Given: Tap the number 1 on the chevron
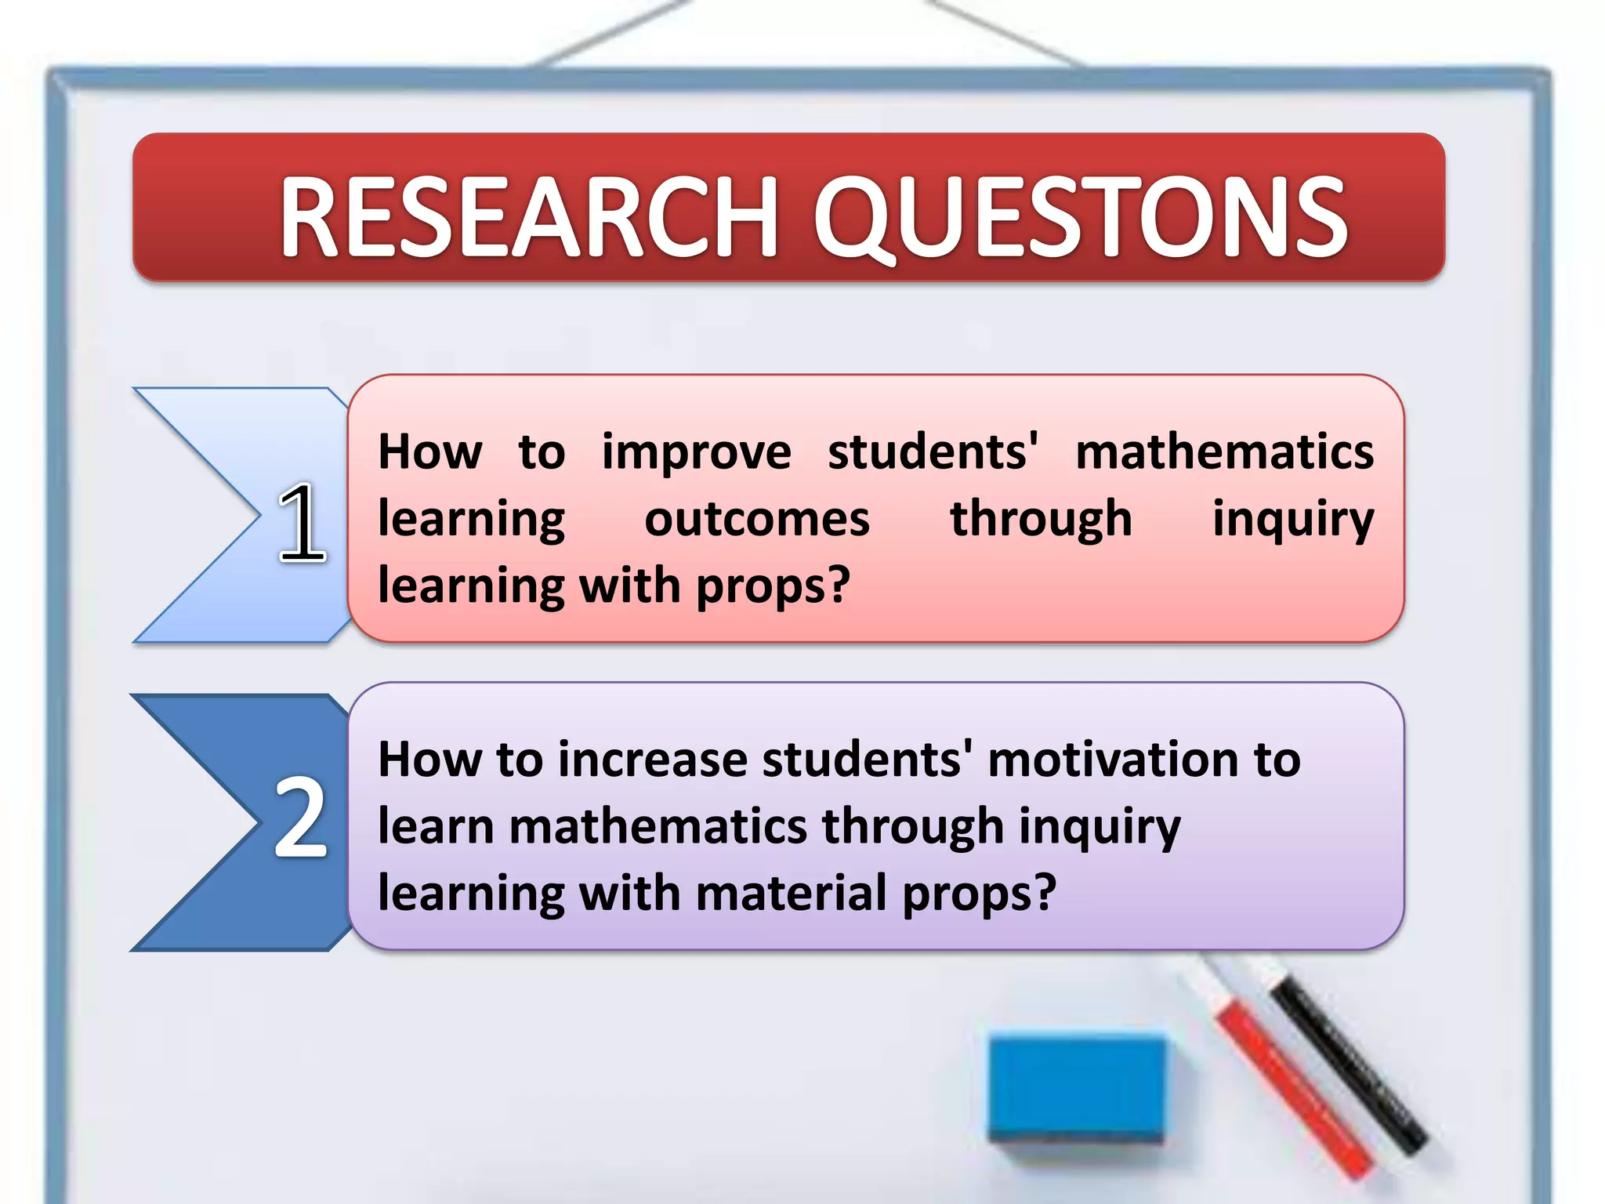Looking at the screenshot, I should click(302, 523).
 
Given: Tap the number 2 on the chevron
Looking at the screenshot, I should click(300, 818).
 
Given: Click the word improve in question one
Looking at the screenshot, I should click(696, 453).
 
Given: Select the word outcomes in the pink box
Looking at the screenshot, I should click(756, 520).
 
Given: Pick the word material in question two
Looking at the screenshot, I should click(792, 894).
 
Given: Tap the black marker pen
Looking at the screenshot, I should click(1348, 1058).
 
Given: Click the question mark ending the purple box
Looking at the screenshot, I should click(1045, 894).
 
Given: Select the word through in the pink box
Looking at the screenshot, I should click(1041, 520).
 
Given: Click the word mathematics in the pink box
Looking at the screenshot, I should click(1224, 453).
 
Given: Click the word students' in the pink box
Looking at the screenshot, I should click(933, 453).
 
